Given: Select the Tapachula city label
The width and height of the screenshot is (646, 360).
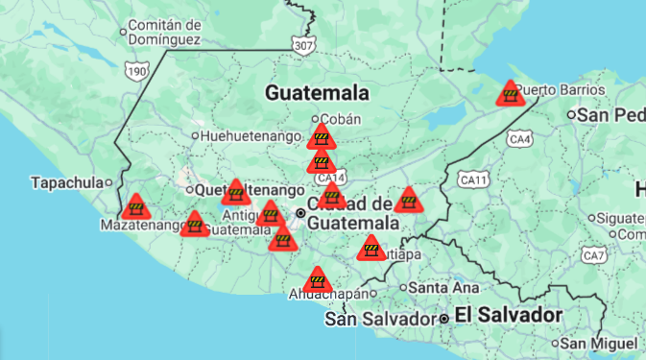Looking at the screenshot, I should [x=65, y=182].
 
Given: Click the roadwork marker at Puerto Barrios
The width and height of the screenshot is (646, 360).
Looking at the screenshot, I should [x=510, y=94].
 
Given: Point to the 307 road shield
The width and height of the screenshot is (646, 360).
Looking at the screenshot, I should [x=304, y=44].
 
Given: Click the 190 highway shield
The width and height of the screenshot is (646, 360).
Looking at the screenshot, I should [x=137, y=71].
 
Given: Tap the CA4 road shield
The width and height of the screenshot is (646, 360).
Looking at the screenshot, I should [x=520, y=140].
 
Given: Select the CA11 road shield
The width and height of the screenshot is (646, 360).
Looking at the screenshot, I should [x=474, y=179].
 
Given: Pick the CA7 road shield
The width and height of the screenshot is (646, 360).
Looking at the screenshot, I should [x=595, y=255].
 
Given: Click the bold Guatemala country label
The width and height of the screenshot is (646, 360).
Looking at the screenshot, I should [x=318, y=93].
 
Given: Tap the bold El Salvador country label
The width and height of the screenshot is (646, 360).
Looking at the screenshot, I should [x=508, y=315].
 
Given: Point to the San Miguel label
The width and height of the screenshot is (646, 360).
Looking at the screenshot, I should [x=599, y=343].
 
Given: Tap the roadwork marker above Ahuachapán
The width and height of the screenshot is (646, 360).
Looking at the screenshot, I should [x=317, y=280].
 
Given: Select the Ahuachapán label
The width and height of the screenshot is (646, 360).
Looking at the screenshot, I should [x=328, y=294].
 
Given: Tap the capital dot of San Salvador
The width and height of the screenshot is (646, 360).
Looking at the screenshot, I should [x=444, y=318].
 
